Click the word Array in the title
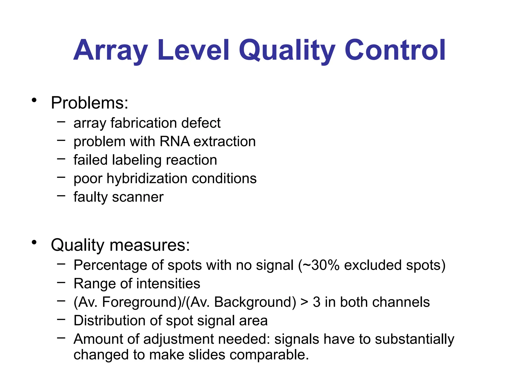click(110, 51)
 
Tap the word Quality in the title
click(287, 51)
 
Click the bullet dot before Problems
click(34, 101)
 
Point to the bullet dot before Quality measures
click(34, 243)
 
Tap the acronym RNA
click(175, 141)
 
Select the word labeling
click(137, 160)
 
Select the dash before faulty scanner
click(61, 196)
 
